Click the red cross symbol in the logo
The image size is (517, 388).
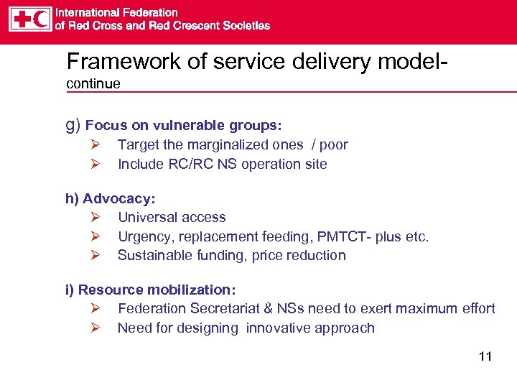point(22,19)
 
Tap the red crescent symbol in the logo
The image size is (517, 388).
point(42,19)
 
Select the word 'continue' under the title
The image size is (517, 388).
point(93,84)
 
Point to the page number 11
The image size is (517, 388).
point(485,356)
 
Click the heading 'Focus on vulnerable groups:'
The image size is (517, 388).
point(183,126)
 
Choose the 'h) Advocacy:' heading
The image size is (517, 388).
point(111,198)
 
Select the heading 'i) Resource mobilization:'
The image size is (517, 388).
point(151,290)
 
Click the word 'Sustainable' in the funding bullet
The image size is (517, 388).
point(153,255)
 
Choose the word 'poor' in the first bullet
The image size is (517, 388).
point(334,145)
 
